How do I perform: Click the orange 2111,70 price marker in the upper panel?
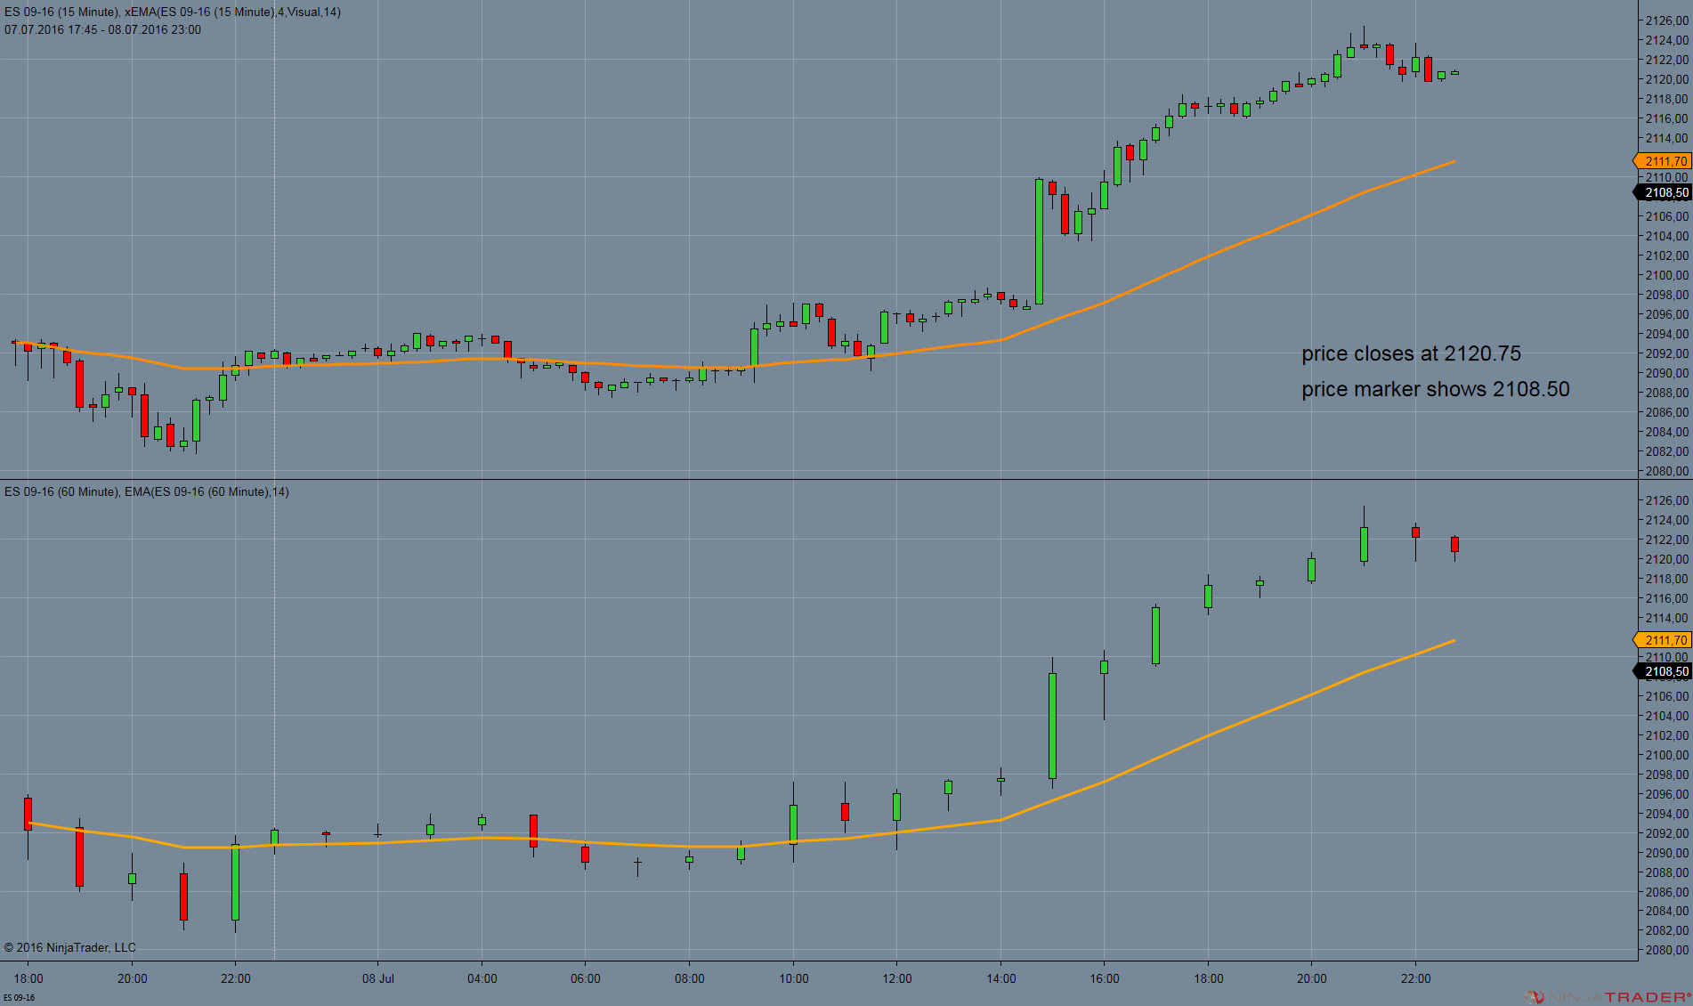tap(1664, 161)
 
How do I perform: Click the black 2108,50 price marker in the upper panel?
tap(1664, 192)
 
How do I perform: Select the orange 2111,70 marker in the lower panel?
tap(1664, 640)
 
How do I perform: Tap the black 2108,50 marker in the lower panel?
tap(1664, 671)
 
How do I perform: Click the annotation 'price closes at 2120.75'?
tap(1411, 353)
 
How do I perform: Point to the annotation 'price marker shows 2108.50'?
tap(1435, 389)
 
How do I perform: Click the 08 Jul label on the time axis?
tap(377, 978)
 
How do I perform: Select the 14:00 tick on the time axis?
tap(1000, 978)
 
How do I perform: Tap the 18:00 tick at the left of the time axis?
tap(28, 978)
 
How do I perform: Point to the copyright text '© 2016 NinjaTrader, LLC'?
tap(70, 947)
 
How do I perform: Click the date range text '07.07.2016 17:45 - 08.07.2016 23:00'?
tap(102, 29)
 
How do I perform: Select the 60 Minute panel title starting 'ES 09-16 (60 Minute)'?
tap(146, 491)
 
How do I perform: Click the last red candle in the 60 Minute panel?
tap(1454, 544)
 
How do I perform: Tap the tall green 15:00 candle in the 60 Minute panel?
tap(1052, 726)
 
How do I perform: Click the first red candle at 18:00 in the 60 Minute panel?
tap(28, 814)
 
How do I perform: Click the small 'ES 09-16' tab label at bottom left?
tap(19, 997)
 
